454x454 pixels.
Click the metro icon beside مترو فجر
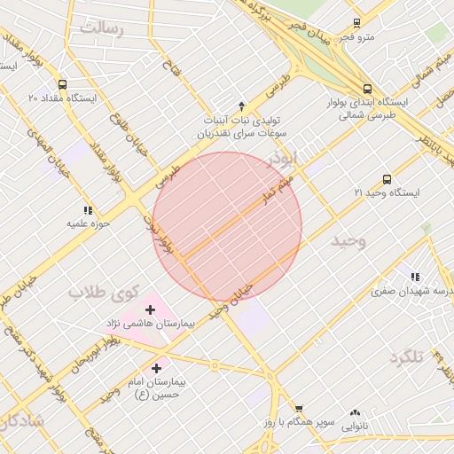(x=356, y=23)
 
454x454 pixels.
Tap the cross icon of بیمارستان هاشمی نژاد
(x=149, y=309)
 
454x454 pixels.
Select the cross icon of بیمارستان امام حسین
(x=157, y=367)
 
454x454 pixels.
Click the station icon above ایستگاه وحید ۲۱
(x=386, y=179)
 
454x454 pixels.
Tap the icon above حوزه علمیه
(x=87, y=210)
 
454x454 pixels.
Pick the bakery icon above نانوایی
(x=356, y=412)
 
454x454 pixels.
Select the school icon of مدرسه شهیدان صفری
(x=414, y=277)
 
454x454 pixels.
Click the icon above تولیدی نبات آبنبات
(x=240, y=106)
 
